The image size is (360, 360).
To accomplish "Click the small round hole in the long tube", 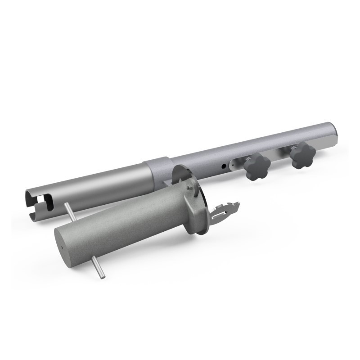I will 224,166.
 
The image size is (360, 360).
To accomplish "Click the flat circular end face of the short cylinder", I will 67,243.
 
